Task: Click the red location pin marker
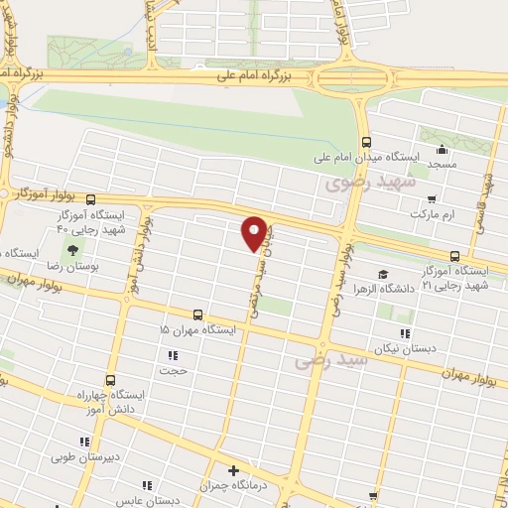[255, 232]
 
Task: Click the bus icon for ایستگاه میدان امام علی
[367, 141]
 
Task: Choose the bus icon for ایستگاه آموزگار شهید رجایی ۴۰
[91, 198]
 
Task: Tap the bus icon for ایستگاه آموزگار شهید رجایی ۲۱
[454, 255]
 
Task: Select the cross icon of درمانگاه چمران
[233, 470]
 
